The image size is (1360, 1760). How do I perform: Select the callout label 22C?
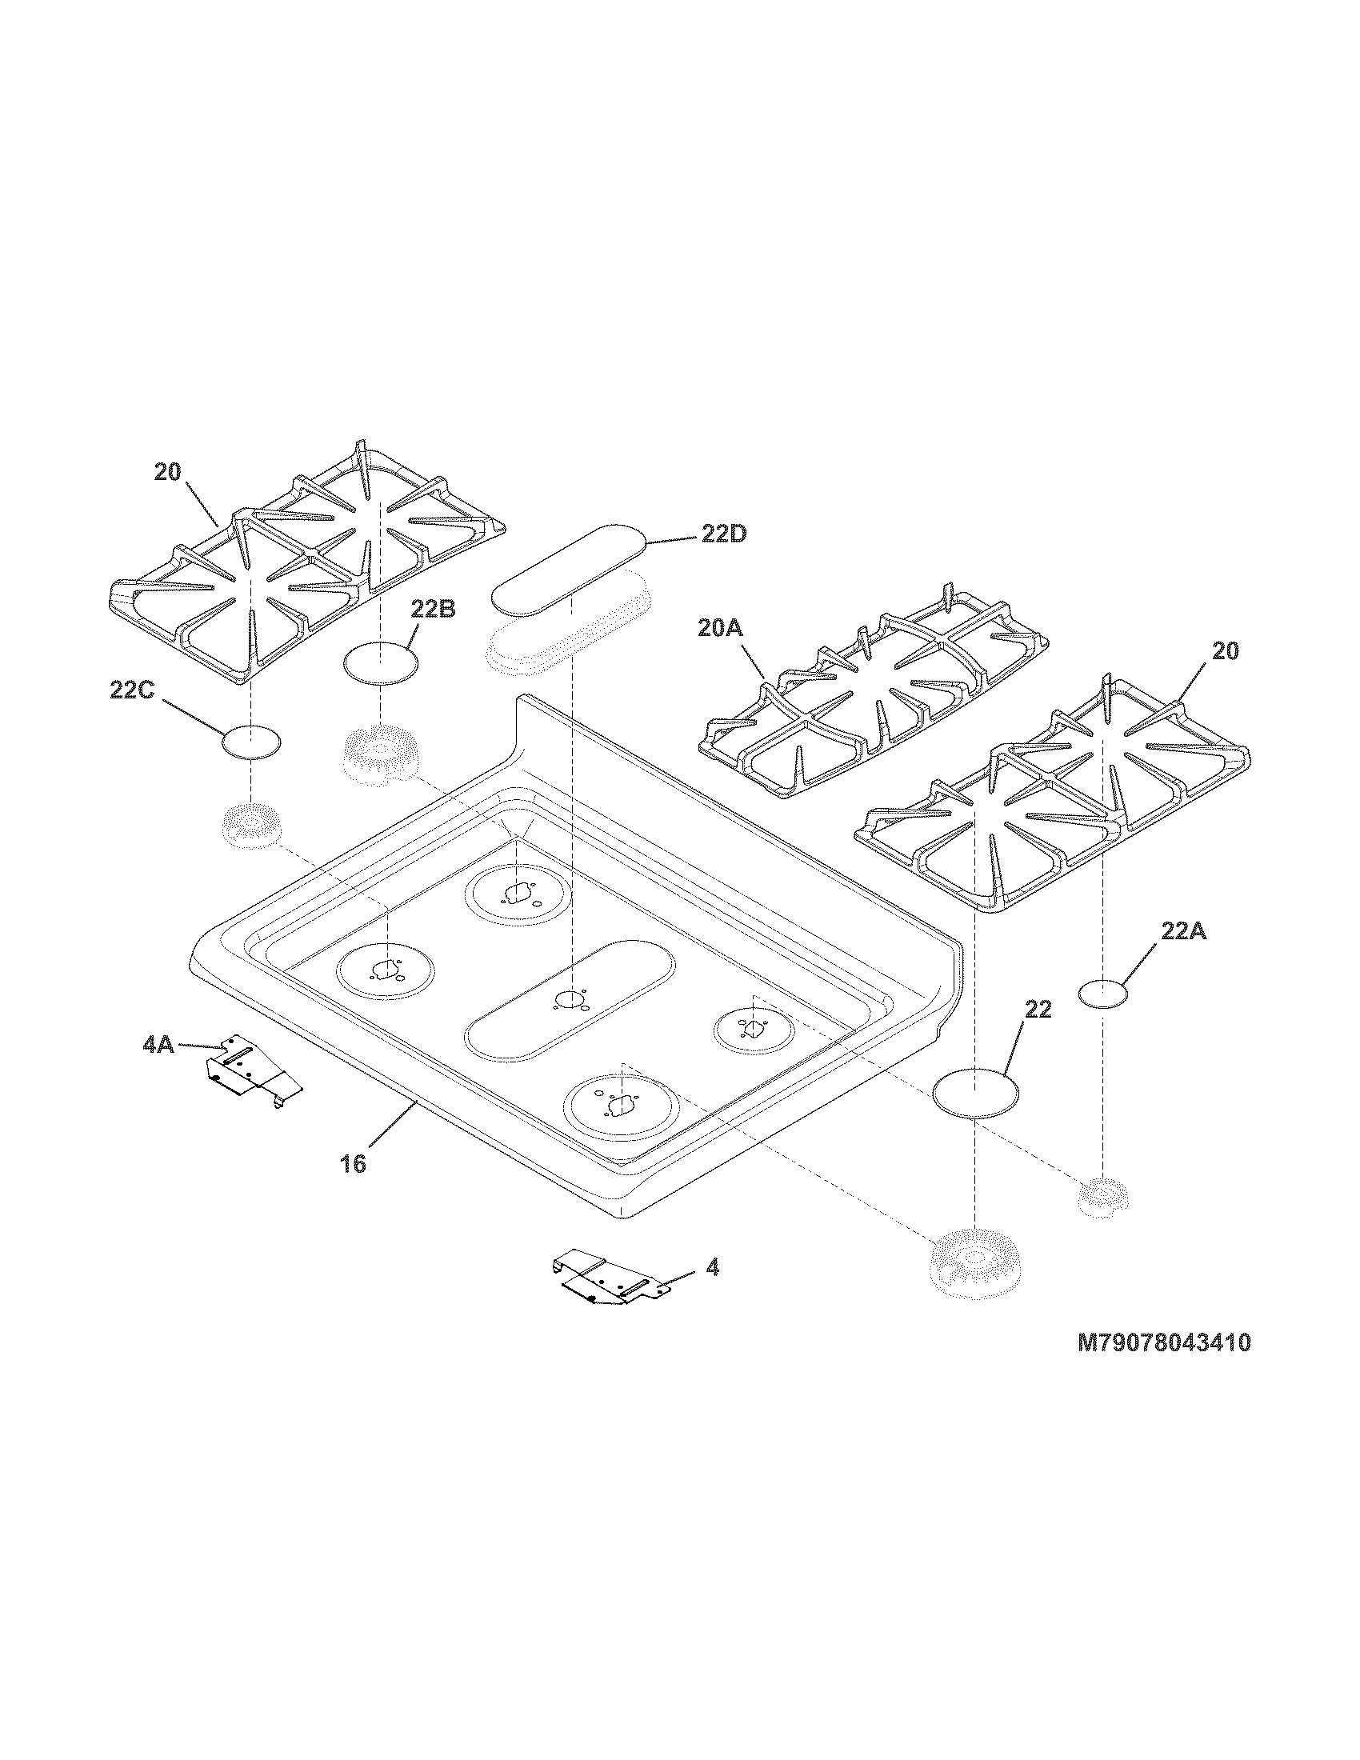[x=132, y=690]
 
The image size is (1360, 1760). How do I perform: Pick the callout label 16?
[x=354, y=1164]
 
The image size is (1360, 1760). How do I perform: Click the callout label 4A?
[x=158, y=1046]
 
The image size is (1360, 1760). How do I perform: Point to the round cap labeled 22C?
[x=251, y=742]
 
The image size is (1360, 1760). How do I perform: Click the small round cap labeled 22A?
[x=1103, y=994]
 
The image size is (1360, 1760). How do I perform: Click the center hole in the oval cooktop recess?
[x=569, y=1001]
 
